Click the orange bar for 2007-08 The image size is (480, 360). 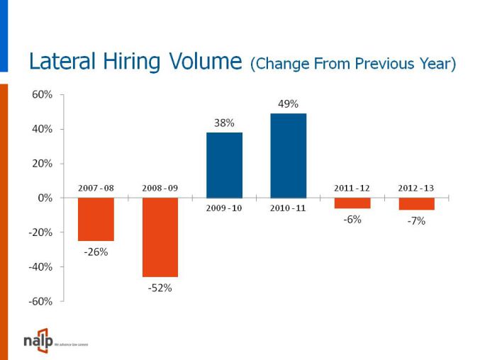(96, 219)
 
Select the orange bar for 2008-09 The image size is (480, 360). (160, 237)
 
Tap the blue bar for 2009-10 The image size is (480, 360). (224, 165)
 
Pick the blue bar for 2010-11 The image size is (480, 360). (289, 155)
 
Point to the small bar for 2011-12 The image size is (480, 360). (352, 203)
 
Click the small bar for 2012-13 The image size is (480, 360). (416, 203)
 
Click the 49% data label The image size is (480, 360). (288, 104)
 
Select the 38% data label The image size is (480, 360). (224, 123)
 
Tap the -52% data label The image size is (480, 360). (160, 288)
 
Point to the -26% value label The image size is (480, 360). (96, 252)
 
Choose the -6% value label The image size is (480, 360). (352, 220)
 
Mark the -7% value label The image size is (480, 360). (416, 221)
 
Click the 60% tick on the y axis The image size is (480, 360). (42, 94)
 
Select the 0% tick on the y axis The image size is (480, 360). (45, 198)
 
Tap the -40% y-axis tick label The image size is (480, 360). (40, 267)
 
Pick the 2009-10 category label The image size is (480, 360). (224, 208)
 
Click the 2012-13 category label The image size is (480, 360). (416, 188)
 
